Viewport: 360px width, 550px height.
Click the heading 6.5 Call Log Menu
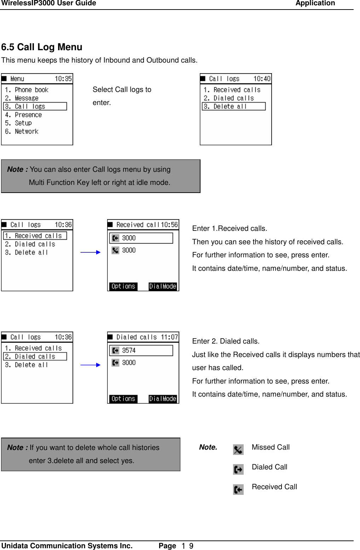point(42,47)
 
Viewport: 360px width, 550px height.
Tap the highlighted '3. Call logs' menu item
point(35,106)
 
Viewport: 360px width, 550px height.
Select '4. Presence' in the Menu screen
point(23,115)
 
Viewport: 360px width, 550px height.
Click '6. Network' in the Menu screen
point(22,131)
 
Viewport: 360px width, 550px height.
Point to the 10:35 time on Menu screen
point(63,78)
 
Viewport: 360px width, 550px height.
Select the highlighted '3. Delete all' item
point(233,106)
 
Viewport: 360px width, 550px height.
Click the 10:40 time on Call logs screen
point(262,78)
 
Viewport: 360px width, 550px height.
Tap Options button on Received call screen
point(123,286)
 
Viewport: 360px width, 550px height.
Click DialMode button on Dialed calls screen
point(162,399)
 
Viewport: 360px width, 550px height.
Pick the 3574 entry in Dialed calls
point(141,350)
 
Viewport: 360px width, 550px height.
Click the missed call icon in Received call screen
point(115,250)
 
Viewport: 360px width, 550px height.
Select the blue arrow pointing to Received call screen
point(91,252)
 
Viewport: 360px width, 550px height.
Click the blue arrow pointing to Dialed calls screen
point(91,365)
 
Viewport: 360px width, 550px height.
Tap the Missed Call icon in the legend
point(238,450)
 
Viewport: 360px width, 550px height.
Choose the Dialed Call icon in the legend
point(238,469)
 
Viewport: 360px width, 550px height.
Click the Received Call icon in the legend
point(238,490)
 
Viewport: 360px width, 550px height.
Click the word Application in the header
point(315,4)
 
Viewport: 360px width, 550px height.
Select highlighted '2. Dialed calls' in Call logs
point(35,356)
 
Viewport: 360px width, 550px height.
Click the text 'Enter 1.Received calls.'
point(230,228)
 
